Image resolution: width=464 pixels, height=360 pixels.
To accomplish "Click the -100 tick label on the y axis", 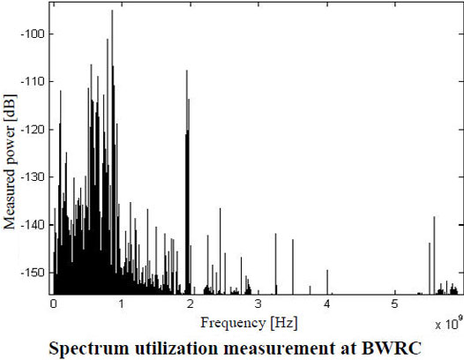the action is (33, 34).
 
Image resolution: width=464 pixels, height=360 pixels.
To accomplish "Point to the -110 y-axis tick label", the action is (33, 81).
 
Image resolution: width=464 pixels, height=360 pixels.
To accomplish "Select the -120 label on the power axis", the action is (33, 130).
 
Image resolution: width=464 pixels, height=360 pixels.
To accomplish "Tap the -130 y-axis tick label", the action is (33, 177).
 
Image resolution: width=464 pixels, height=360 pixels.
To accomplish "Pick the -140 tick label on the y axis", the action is (33, 225).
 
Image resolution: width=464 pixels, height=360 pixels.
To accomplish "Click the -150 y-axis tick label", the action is (33, 273).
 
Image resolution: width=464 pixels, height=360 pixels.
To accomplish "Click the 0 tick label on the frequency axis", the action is (54, 304).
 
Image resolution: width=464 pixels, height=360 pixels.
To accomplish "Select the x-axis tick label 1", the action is (122, 304).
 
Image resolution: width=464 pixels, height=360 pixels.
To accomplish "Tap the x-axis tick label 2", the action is (190, 304).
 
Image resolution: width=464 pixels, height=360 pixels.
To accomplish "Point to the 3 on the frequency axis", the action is (258, 304).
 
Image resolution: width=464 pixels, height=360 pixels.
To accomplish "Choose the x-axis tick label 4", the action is (326, 304).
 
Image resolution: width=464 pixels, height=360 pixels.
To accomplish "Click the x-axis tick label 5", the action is (395, 304).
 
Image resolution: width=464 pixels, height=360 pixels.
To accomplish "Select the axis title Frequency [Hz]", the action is (249, 323).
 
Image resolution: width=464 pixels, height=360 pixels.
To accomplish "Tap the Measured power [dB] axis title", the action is (10, 162).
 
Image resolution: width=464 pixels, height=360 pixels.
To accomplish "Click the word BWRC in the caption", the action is (391, 349).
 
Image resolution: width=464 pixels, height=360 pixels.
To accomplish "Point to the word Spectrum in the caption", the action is (89, 349).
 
